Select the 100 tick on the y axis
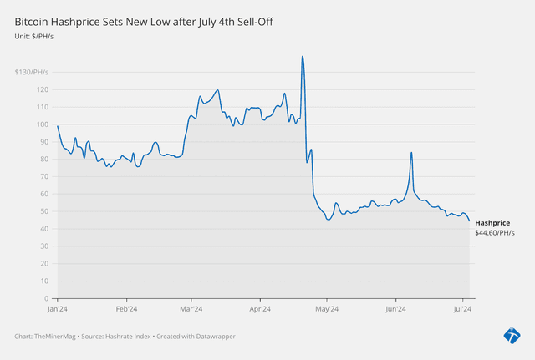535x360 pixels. pos(42,124)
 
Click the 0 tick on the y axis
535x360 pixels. pos(46,298)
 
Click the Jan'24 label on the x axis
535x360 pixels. pos(58,308)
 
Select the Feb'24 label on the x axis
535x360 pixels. pos(126,308)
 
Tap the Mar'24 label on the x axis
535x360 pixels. pos(191,308)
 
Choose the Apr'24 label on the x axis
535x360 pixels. pos(260,308)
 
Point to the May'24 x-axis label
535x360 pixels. pos(327,308)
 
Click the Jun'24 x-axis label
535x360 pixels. pos(395,308)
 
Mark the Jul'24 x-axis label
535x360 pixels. pos(461,308)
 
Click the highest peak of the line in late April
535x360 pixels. pos(302,56)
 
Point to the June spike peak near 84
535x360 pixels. pos(411,153)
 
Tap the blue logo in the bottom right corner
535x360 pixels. pos(512,335)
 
